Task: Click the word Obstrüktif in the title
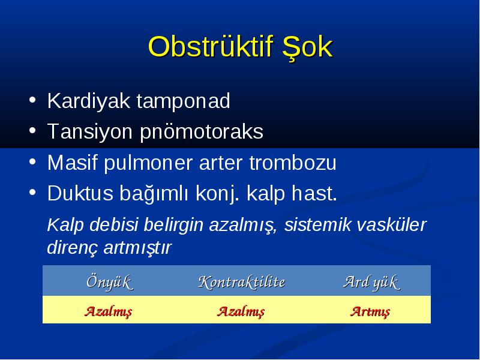coord(211,47)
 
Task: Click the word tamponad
coord(183,101)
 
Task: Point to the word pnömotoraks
coord(202,132)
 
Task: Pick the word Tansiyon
coord(90,132)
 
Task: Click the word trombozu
coord(293,163)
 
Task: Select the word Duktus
coord(80,193)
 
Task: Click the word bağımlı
coord(154,194)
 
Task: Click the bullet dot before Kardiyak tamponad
coord(32,100)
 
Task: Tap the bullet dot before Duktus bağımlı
coord(32,192)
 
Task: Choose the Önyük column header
coord(110,282)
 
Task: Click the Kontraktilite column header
coord(242,282)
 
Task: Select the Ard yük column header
coord(371,282)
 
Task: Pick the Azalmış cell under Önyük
coord(109,311)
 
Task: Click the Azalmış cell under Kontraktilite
coord(241,311)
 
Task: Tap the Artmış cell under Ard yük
coord(370,311)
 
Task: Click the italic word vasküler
coord(391,224)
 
